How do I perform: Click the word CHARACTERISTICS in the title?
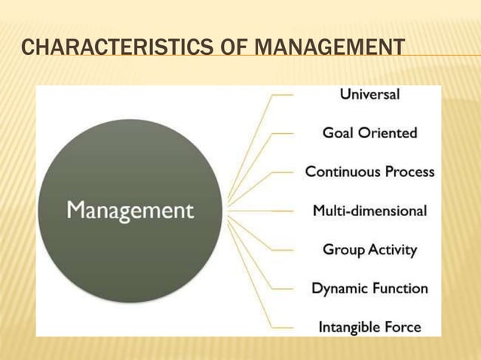pyautogui.click(x=112, y=50)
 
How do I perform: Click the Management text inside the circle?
pyautogui.click(x=130, y=210)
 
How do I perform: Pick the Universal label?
pyautogui.click(x=369, y=95)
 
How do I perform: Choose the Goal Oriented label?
pyautogui.click(x=369, y=133)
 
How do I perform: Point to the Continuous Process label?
pyautogui.click(x=369, y=172)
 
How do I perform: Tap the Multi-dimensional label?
pyautogui.click(x=369, y=211)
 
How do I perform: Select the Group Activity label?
pyautogui.click(x=369, y=249)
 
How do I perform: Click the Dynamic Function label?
pyautogui.click(x=369, y=288)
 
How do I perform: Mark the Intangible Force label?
pyautogui.click(x=369, y=328)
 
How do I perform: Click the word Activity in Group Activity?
pyautogui.click(x=391, y=249)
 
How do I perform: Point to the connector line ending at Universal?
pyautogui.click(x=282, y=96)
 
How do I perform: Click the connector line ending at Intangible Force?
pyautogui.click(x=282, y=328)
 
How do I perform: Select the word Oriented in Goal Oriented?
pyautogui.click(x=388, y=133)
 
